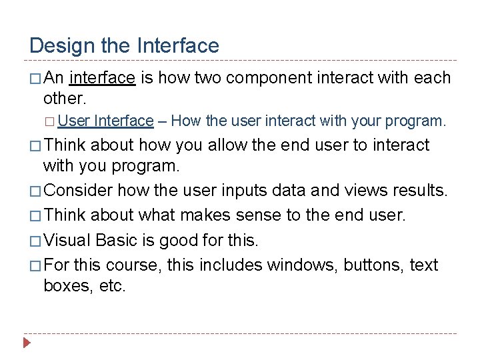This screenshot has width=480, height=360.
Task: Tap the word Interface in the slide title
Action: pyautogui.click(x=177, y=45)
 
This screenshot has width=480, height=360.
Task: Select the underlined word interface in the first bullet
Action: pyautogui.click(x=102, y=78)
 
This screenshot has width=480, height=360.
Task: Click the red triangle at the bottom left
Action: pyautogui.click(x=27, y=344)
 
